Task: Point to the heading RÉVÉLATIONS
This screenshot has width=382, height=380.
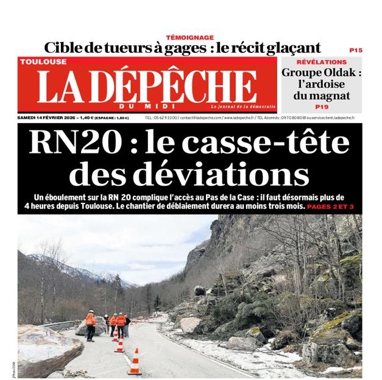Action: coord(321,62)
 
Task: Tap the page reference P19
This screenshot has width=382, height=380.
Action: coord(322,107)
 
